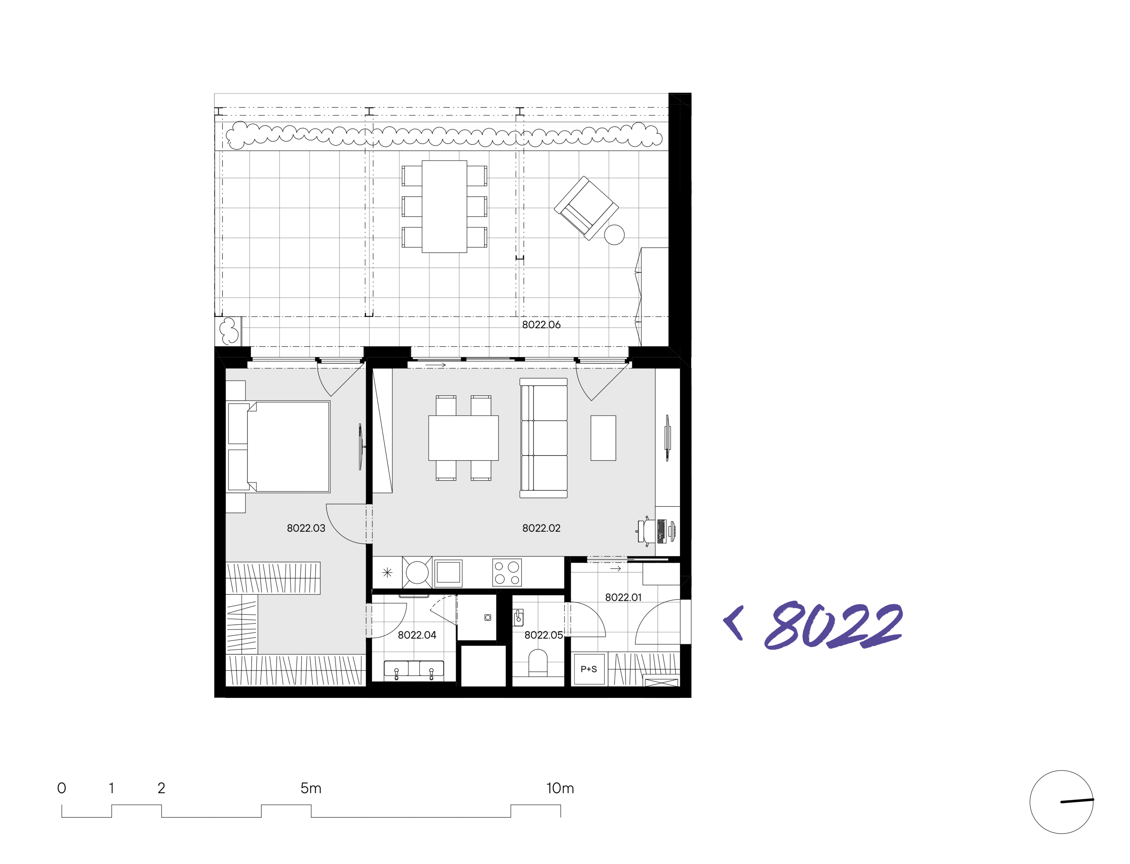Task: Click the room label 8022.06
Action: point(541,325)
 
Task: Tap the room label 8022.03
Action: point(306,528)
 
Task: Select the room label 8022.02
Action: point(541,528)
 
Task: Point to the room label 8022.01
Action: point(623,597)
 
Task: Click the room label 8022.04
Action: point(417,635)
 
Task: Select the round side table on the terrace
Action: point(614,235)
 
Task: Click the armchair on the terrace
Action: point(586,208)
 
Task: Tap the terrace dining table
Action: point(444,206)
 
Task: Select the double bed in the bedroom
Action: point(278,446)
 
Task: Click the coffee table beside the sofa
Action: point(603,438)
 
